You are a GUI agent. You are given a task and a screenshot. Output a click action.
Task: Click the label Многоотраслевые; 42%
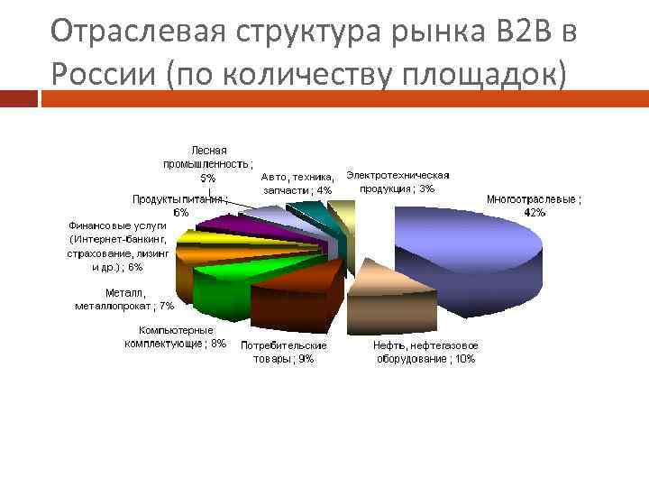(534, 206)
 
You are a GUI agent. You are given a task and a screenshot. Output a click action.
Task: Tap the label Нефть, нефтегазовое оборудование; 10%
(425, 352)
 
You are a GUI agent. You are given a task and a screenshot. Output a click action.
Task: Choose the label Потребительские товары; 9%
(283, 352)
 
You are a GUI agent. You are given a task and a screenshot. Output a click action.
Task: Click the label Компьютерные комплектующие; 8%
(176, 337)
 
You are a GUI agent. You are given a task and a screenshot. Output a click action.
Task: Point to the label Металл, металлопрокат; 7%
(124, 299)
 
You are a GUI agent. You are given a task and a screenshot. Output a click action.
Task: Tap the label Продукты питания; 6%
(180, 206)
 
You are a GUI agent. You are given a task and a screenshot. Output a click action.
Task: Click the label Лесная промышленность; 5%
(208, 163)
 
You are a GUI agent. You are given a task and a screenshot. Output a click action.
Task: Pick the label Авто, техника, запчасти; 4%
(298, 183)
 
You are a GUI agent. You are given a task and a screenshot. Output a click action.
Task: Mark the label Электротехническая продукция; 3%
(398, 181)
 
